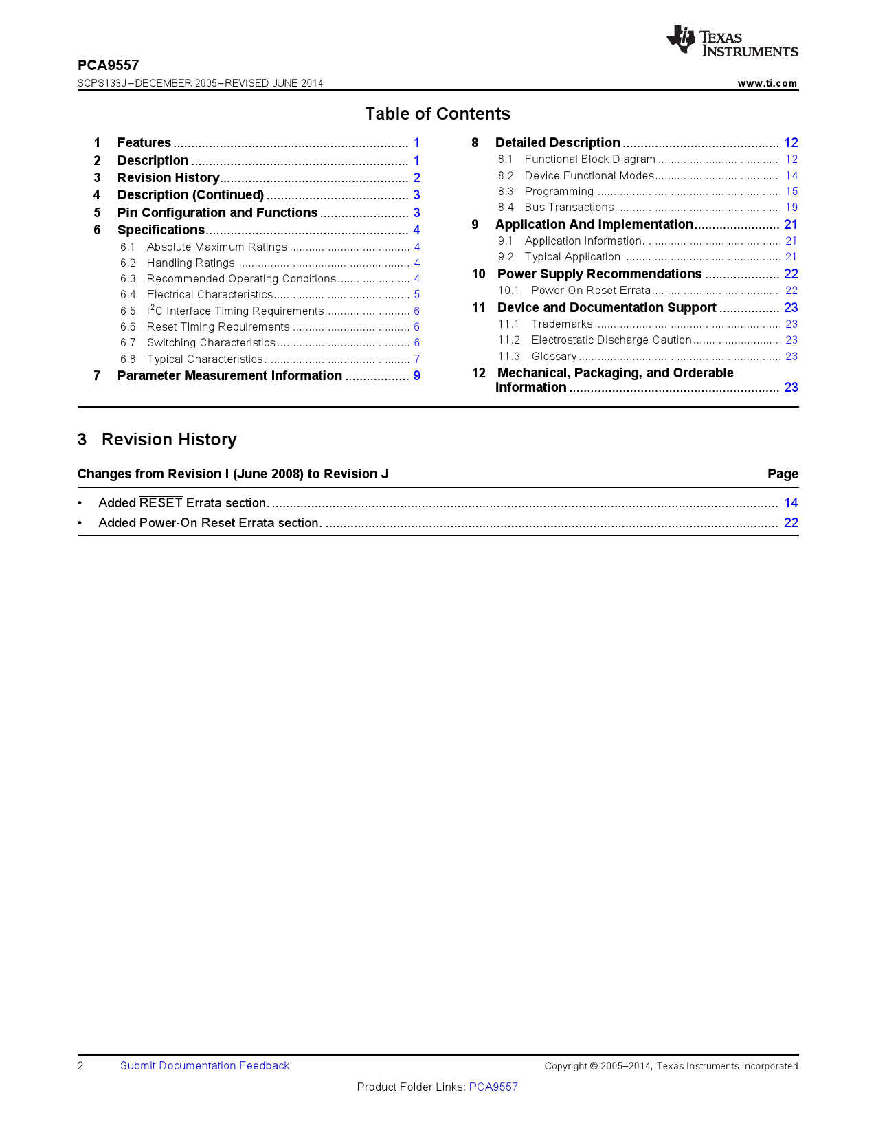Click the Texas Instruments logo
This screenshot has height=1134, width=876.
(x=732, y=42)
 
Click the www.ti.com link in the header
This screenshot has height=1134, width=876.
(x=767, y=83)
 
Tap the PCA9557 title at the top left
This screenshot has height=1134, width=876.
(x=108, y=65)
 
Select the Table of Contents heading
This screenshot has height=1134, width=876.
(x=438, y=113)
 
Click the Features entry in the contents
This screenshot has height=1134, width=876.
(x=144, y=143)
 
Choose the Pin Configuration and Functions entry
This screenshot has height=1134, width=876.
(x=217, y=213)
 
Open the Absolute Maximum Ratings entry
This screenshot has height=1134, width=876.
(x=216, y=247)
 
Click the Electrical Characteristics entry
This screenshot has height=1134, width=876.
(x=210, y=295)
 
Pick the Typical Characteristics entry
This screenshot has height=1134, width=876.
(x=205, y=359)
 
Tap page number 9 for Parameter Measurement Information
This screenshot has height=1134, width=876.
(x=416, y=376)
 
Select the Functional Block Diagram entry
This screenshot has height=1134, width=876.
(x=589, y=159)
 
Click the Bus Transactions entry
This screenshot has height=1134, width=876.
(x=569, y=208)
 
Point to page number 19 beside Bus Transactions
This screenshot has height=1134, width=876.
(x=791, y=208)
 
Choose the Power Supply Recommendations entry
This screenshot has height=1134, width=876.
(x=599, y=274)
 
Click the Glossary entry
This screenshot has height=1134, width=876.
(x=554, y=357)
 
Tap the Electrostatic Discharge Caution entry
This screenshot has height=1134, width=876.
(x=611, y=340)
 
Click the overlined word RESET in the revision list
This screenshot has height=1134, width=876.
(x=161, y=502)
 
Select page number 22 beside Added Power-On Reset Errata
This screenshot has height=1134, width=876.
(x=791, y=523)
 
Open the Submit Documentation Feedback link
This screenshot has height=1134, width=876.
(x=204, y=1066)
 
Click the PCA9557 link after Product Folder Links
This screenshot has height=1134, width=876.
(x=493, y=1087)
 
